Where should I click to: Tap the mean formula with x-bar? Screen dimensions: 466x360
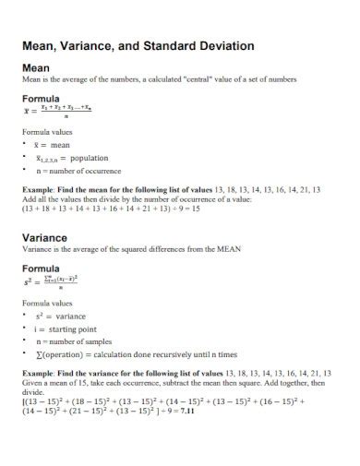56,111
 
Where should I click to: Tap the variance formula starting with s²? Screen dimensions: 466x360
56,281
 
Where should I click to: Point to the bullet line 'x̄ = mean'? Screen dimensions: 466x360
52,144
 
